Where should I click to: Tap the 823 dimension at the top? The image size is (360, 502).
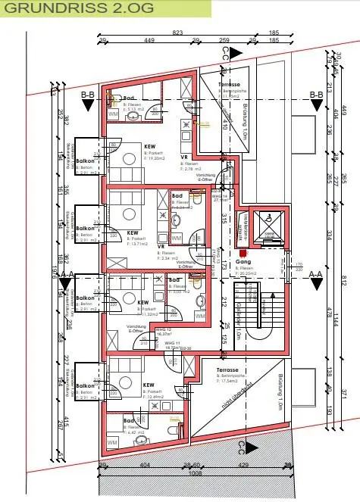click(177, 33)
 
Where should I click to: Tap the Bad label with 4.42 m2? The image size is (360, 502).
click(130, 420)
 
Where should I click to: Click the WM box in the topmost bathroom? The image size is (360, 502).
click(114, 114)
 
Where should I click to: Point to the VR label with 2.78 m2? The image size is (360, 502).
click(184, 157)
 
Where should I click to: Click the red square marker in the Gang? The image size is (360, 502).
click(243, 253)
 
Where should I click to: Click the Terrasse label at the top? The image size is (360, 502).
click(230, 85)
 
